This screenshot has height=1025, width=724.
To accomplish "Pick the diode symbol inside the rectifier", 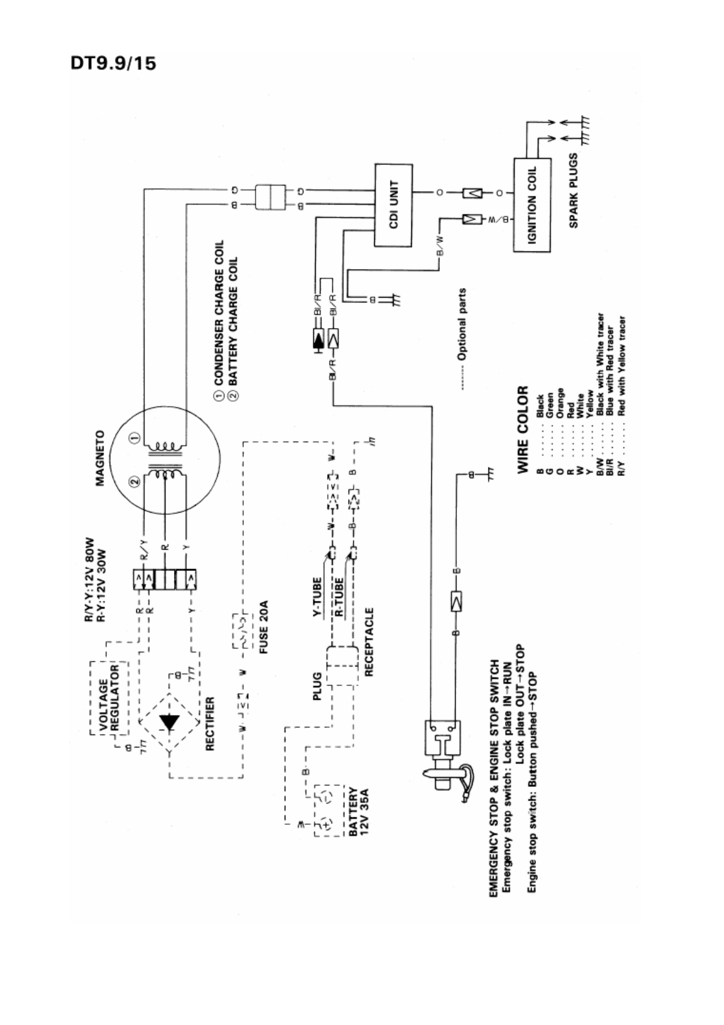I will click(x=169, y=721).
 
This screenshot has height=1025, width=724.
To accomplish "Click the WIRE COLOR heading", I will click(x=523, y=429).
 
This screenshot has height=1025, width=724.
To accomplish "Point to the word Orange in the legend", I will click(x=560, y=404).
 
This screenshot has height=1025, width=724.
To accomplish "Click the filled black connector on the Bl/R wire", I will click(x=317, y=340).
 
